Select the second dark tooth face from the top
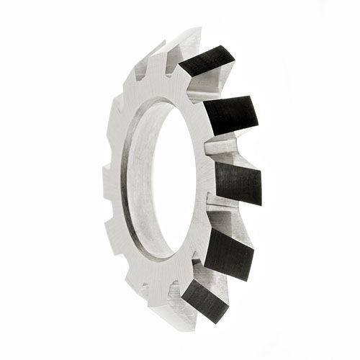(230, 114)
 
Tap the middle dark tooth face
(238, 181)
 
